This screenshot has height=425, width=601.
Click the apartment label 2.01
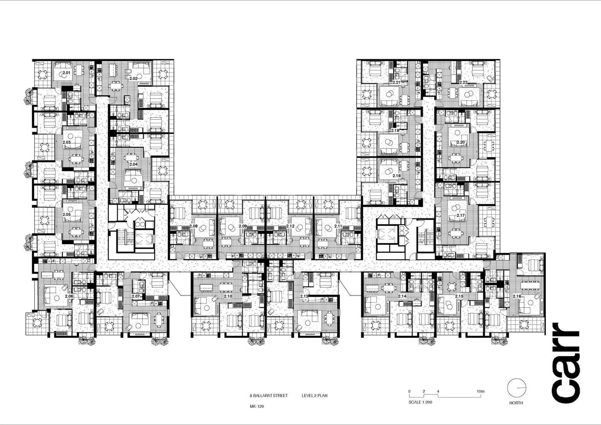[x=66, y=73]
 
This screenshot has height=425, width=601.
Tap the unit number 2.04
[x=133, y=164]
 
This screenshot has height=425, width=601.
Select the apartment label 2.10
[x=228, y=296]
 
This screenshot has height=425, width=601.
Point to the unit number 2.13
[x=304, y=296]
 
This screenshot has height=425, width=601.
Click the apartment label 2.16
[x=517, y=296]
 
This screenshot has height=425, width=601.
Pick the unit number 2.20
[x=460, y=142]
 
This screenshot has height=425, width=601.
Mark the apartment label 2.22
[x=463, y=82]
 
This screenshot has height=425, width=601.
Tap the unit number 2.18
[x=396, y=176]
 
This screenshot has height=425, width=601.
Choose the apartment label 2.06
[x=69, y=296]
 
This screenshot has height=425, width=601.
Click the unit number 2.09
[x=243, y=226]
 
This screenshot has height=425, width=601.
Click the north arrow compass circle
[x=516, y=388]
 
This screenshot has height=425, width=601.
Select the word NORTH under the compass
[x=516, y=403]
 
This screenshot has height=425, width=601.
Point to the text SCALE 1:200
[x=420, y=402]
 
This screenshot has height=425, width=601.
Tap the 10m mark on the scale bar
[x=480, y=391]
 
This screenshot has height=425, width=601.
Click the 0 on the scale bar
[x=409, y=391]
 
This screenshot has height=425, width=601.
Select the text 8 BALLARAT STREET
[x=269, y=396]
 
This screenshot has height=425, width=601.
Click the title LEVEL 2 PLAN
[x=314, y=396]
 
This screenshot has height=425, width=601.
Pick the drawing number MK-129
[x=256, y=406]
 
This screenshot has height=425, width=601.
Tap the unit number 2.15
[x=459, y=296]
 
